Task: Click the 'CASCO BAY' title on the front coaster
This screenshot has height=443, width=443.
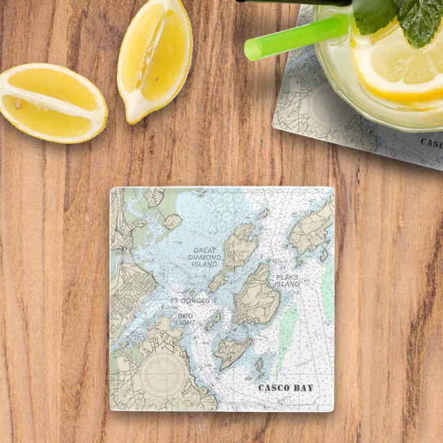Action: (x=285, y=388)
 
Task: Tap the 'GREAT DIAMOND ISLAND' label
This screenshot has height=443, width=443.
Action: (x=204, y=257)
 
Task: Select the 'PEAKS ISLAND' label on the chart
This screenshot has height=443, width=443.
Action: (x=287, y=281)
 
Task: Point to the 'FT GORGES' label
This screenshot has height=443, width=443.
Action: (x=190, y=301)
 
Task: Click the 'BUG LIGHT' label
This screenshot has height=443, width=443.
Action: (x=186, y=319)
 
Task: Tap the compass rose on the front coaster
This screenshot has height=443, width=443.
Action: (x=161, y=376)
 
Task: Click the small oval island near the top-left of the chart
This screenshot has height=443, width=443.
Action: (x=172, y=221)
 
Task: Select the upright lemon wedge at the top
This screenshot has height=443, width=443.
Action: (x=154, y=58)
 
